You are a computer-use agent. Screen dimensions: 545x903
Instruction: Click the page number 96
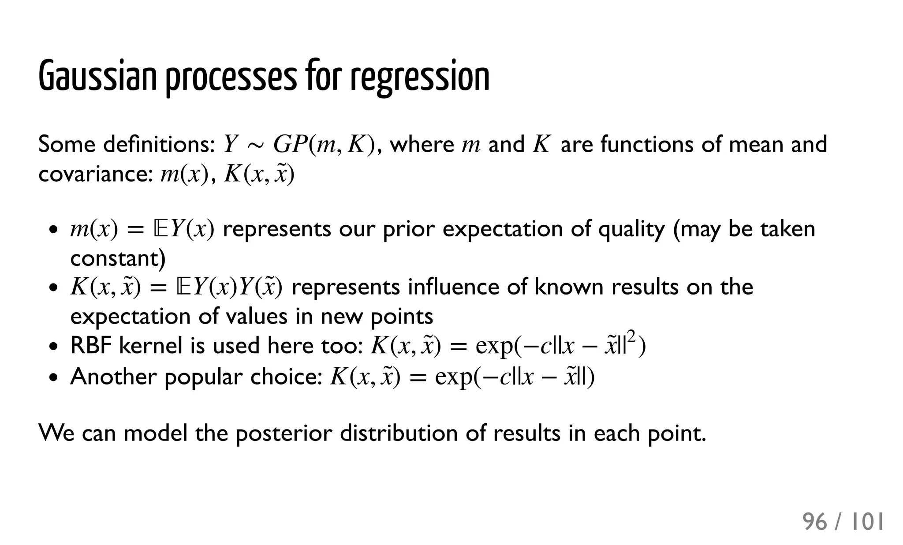pos(815,522)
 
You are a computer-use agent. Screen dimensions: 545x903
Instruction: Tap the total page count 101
pos(867,522)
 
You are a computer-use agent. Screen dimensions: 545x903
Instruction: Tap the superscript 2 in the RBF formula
pos(632,338)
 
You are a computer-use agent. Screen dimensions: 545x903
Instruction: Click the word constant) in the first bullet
pos(118,258)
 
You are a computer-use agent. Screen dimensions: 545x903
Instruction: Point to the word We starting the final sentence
pos(56,433)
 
